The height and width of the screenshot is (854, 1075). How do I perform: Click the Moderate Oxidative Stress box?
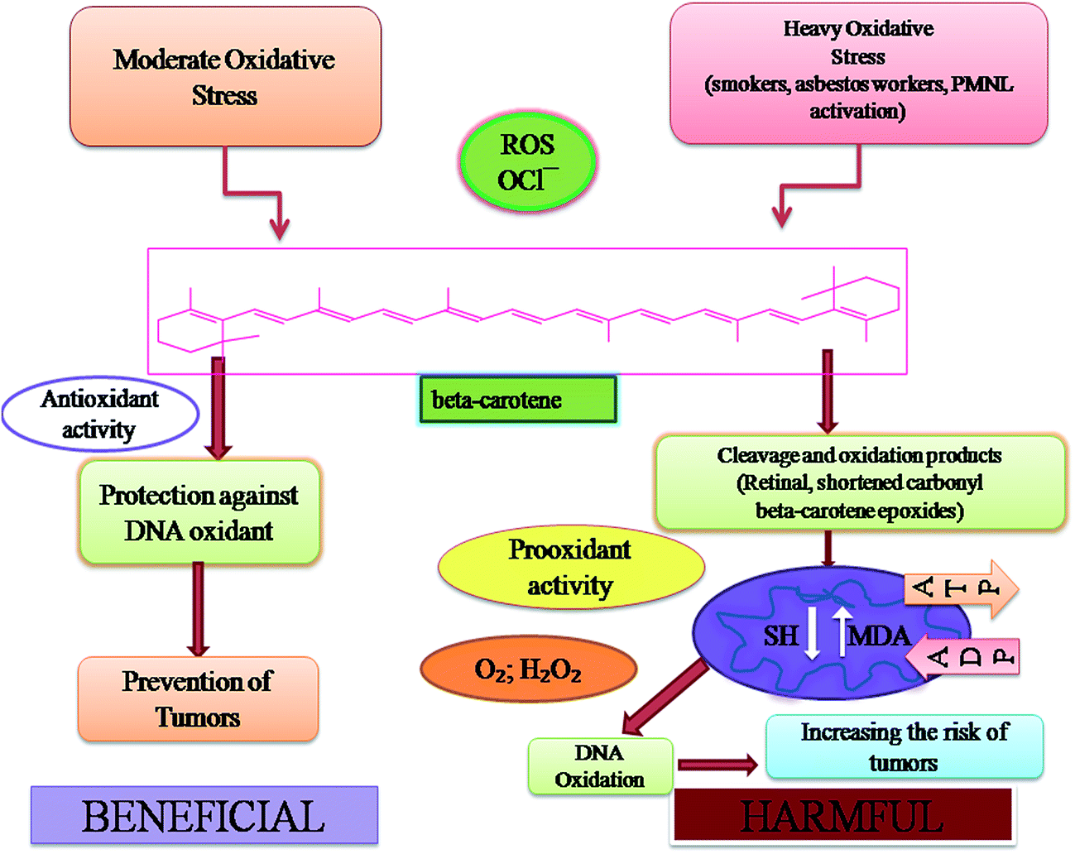[225, 77]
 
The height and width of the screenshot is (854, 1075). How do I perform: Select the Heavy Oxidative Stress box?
[858, 73]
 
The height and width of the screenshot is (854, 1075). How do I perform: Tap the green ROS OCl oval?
[527, 161]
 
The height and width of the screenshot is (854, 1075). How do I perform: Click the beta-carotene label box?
[518, 400]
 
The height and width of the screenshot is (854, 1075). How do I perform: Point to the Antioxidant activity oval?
[100, 414]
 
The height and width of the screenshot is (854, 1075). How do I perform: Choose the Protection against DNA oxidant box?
[199, 513]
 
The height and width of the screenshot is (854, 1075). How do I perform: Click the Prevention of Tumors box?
[198, 698]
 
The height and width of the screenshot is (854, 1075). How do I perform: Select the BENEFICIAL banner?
[204, 816]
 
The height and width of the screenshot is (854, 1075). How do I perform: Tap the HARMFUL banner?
[842, 816]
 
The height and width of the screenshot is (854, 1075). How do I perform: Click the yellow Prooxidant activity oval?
[570, 568]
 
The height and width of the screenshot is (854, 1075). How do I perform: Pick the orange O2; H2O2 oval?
[528, 669]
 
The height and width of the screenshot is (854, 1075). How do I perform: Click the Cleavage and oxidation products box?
[859, 482]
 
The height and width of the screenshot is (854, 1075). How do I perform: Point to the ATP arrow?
[960, 588]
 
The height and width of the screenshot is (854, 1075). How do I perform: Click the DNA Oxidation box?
[600, 766]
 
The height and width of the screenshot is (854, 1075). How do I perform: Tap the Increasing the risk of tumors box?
[904, 747]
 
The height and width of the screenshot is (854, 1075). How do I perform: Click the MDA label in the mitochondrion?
[880, 636]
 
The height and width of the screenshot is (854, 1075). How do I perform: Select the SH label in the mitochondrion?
[780, 636]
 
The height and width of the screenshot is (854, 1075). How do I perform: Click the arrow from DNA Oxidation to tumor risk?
[717, 765]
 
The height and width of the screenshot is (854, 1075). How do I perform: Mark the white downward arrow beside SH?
[813, 634]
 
